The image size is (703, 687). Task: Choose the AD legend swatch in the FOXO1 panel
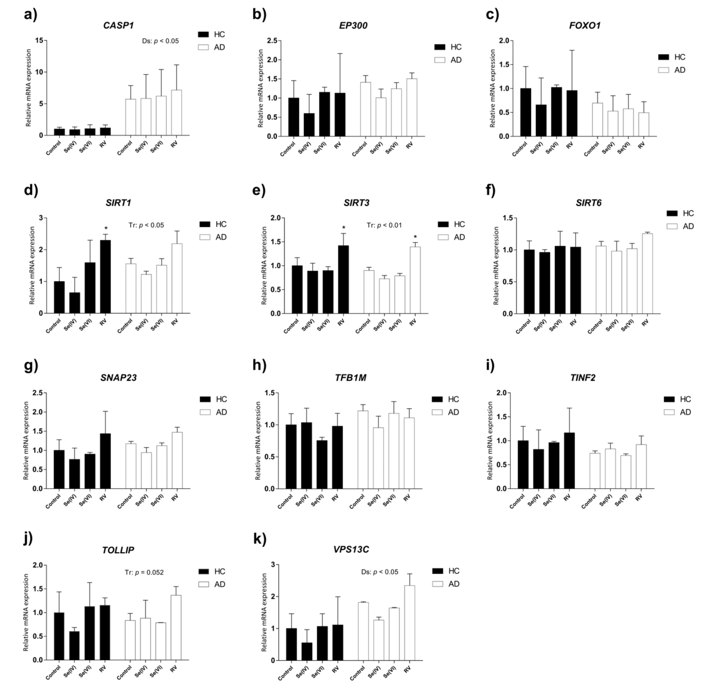pyautogui.click(x=663, y=70)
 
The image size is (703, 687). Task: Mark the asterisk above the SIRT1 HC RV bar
pyautogui.click(x=106, y=228)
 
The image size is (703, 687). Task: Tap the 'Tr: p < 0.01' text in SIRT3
pyautogui.click(x=384, y=225)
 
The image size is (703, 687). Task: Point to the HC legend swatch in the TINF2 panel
pyautogui.click(x=669, y=399)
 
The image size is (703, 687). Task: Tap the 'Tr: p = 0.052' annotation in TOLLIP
pyautogui.click(x=144, y=572)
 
